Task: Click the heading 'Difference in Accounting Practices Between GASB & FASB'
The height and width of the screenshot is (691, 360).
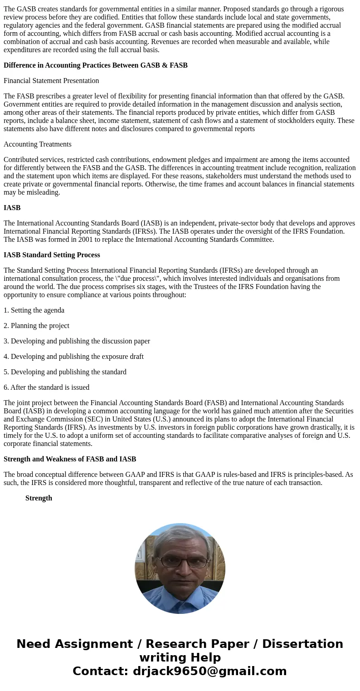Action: tap(95, 65)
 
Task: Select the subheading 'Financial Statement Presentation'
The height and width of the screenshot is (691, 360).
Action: tap(51, 81)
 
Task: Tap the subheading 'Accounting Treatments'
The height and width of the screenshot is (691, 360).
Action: tap(38, 144)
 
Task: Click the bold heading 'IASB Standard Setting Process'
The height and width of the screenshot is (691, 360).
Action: tap(52, 255)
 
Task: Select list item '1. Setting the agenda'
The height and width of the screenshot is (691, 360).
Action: tap(34, 310)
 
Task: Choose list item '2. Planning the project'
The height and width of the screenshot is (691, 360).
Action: tap(36, 326)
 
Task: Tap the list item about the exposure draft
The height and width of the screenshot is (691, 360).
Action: tap(73, 357)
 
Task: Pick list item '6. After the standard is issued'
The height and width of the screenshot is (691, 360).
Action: tap(46, 387)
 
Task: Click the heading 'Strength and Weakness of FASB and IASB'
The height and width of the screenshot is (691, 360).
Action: tap(70, 459)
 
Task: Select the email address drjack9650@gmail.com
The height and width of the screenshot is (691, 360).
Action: tap(209, 671)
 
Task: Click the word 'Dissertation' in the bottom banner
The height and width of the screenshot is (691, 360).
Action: tap(302, 644)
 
